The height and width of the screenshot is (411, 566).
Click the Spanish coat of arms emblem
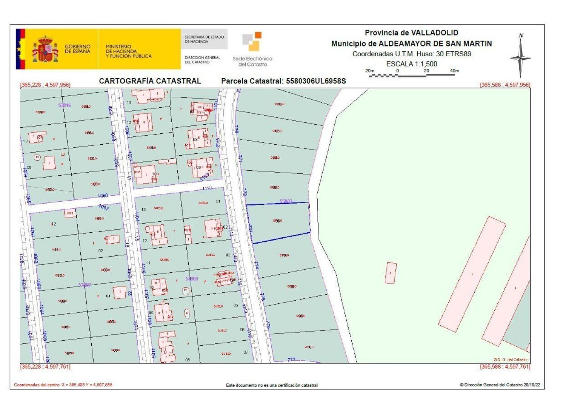(x=45, y=49)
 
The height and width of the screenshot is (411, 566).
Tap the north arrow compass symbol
(x=520, y=57)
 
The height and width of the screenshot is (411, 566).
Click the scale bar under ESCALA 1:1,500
(x=412, y=75)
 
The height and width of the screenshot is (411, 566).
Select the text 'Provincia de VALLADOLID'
(x=411, y=33)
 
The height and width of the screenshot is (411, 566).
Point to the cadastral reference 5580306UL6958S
(x=316, y=81)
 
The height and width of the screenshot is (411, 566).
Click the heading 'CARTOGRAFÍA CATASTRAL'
(x=150, y=81)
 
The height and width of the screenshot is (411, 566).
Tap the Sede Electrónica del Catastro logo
(x=252, y=49)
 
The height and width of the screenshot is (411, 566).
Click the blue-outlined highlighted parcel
(x=279, y=222)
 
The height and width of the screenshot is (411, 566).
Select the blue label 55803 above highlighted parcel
(x=286, y=202)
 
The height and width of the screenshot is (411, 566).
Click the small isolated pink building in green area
(x=391, y=273)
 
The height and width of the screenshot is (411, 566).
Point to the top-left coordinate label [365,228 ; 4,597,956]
(x=45, y=85)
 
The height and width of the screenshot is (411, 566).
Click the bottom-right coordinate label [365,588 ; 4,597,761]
(x=505, y=367)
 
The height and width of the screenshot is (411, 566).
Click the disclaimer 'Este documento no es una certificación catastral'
(x=272, y=385)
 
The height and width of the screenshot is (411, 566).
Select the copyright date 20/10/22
(x=532, y=385)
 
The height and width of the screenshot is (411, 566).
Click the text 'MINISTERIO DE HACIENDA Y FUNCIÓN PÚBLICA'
(x=128, y=51)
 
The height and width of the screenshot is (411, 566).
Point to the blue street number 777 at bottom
(x=291, y=360)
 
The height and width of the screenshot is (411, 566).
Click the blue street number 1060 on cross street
(x=103, y=196)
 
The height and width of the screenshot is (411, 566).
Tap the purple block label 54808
(x=192, y=279)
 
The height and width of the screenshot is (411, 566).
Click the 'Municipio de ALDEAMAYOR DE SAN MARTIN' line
(x=411, y=44)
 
